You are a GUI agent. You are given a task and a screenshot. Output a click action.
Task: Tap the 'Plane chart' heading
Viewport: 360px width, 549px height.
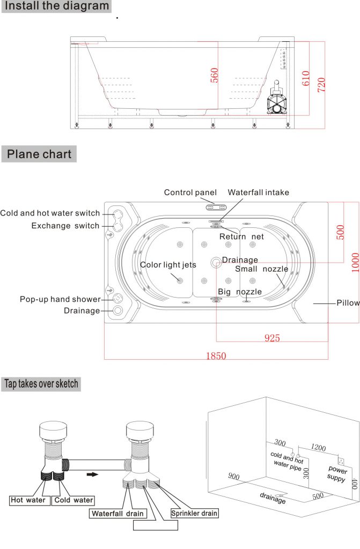click(x=39, y=154)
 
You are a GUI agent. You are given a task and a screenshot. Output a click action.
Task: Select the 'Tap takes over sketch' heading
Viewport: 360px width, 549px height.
click(x=41, y=383)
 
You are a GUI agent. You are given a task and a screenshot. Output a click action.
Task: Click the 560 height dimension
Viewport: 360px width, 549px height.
click(x=214, y=76)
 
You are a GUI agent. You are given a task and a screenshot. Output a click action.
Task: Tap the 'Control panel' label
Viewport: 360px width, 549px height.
click(x=190, y=192)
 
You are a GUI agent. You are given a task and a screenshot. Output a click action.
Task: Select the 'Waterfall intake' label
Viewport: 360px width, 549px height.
click(x=258, y=192)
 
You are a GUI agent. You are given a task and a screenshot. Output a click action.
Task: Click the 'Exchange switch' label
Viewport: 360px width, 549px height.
click(x=65, y=226)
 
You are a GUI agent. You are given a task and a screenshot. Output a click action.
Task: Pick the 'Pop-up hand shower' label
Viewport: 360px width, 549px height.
click(x=60, y=299)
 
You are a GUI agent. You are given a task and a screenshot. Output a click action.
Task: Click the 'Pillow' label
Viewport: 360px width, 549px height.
click(x=348, y=303)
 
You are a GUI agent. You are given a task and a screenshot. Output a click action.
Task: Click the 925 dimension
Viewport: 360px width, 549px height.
click(x=271, y=338)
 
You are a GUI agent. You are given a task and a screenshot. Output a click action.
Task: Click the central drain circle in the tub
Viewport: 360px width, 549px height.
click(x=216, y=262)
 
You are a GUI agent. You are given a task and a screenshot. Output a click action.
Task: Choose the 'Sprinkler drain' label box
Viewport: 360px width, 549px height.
click(x=194, y=513)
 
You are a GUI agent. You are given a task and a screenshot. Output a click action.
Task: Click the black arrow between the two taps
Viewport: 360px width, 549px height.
click(x=93, y=474)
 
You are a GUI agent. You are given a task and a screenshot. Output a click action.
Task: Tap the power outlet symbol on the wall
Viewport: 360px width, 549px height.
click(x=341, y=460)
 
